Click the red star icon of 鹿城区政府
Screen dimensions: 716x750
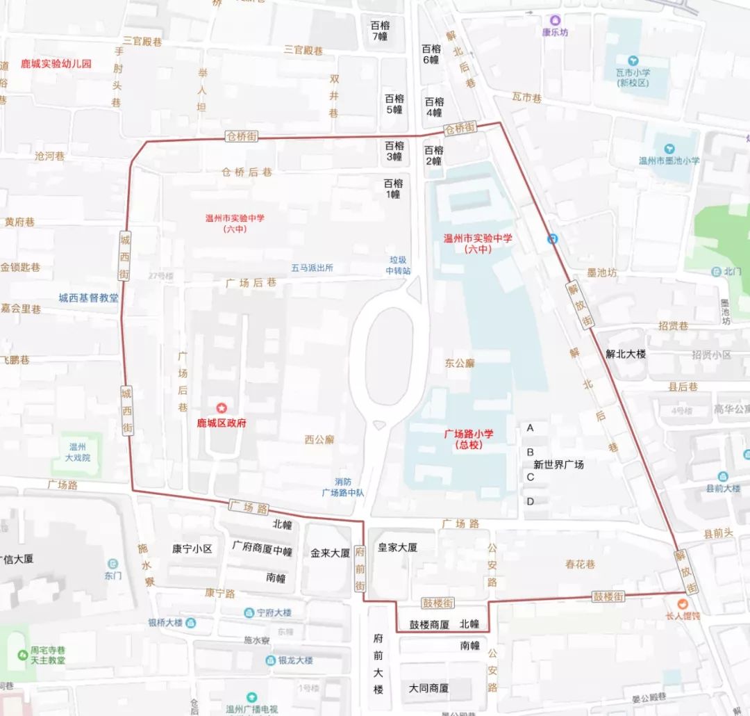(x=222, y=408)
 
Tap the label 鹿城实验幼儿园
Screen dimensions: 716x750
(x=56, y=64)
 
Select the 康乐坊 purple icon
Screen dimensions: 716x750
(x=555, y=21)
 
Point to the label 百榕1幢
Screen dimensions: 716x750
(x=394, y=189)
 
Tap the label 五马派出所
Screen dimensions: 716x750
(x=312, y=268)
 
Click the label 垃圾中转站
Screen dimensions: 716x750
(x=399, y=266)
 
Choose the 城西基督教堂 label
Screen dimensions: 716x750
(x=88, y=298)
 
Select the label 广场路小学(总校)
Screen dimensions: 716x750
(x=469, y=439)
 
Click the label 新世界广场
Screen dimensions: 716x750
(x=558, y=464)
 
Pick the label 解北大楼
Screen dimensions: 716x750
(x=626, y=354)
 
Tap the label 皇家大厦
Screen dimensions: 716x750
(x=397, y=547)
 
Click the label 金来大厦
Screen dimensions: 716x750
(x=330, y=553)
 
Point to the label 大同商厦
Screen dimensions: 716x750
(x=428, y=688)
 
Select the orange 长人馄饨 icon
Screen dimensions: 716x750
(x=683, y=602)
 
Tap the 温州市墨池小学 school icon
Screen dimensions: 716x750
(x=669, y=149)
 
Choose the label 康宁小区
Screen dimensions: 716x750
(x=192, y=548)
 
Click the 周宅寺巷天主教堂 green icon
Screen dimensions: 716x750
(x=23, y=655)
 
